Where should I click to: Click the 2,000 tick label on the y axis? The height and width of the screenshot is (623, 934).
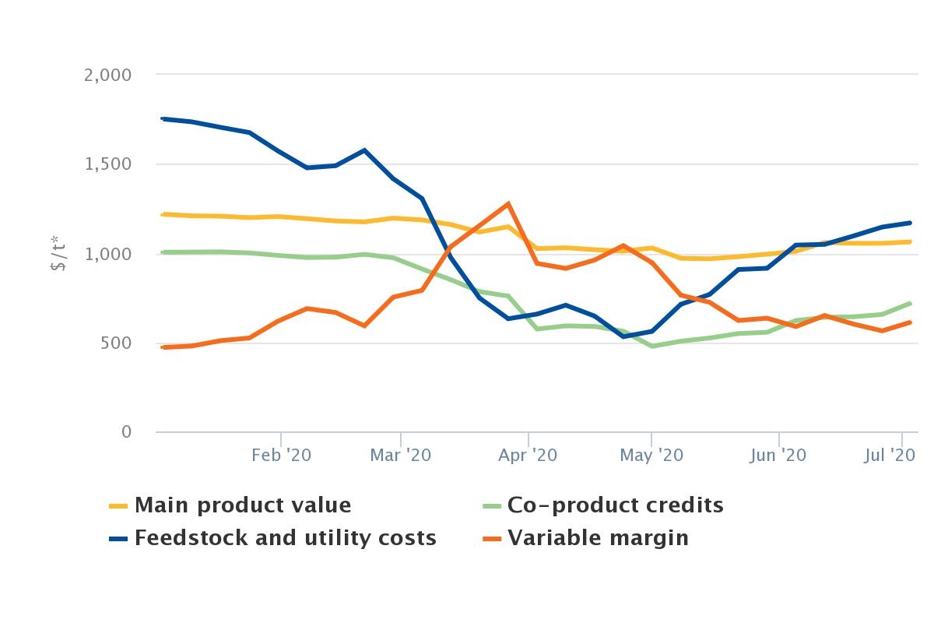108,75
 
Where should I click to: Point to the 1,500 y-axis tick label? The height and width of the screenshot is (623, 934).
109,164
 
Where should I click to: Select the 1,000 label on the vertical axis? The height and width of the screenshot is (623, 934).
109,254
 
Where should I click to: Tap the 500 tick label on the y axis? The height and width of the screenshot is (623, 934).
115,343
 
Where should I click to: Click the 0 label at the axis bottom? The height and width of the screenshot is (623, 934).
127,432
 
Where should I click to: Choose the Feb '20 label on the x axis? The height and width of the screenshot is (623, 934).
281,455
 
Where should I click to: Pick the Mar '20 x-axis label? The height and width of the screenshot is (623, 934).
401,455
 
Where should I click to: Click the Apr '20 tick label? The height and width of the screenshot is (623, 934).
528,455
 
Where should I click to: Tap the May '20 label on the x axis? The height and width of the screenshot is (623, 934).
651,455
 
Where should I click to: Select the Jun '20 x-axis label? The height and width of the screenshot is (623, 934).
778,455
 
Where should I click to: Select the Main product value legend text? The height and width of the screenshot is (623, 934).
243,505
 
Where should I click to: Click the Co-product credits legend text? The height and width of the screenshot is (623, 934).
616,505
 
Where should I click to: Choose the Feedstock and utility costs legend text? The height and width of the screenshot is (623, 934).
286,538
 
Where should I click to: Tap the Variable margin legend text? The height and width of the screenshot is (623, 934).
598,538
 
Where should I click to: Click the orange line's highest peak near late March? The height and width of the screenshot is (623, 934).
508,204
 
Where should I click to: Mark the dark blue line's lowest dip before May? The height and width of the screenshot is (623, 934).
623,336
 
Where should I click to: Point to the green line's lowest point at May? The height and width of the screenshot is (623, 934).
652,346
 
